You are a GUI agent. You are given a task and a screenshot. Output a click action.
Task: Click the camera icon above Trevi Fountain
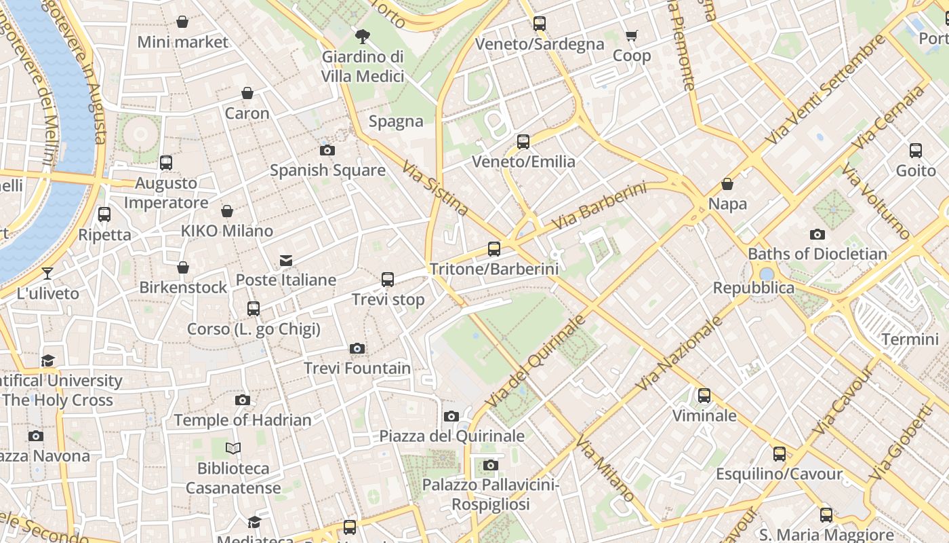click(x=357, y=349)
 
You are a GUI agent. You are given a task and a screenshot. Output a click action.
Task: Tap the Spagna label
click(x=396, y=121)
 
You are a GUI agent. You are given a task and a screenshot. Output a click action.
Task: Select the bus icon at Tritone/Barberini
click(x=494, y=249)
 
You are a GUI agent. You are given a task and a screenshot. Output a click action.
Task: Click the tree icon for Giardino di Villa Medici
click(x=363, y=36)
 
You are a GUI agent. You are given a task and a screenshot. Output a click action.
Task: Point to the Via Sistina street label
click(x=435, y=188)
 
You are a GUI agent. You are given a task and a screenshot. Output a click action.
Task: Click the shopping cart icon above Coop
click(x=632, y=35)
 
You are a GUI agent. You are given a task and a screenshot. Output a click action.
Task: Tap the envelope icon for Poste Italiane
click(x=286, y=261)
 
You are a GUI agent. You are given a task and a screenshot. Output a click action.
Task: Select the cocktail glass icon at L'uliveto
click(x=47, y=274)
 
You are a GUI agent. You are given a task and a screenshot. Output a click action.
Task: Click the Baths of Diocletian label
click(x=817, y=255)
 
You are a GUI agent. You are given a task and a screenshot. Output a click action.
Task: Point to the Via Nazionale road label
click(x=680, y=354)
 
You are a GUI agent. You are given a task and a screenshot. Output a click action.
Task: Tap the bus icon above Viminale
click(x=704, y=396)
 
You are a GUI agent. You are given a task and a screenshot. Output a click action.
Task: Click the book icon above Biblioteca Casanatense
click(x=233, y=449)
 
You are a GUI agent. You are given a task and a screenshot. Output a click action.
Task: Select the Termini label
click(x=910, y=339)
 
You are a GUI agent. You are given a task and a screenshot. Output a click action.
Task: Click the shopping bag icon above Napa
click(x=727, y=184)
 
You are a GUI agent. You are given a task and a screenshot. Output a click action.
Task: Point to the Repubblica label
click(x=753, y=288)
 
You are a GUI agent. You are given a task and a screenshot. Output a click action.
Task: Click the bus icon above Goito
click(x=916, y=151)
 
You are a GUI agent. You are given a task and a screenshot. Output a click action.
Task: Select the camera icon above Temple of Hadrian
click(x=243, y=400)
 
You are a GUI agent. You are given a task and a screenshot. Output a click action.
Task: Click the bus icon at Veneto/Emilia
click(x=523, y=142)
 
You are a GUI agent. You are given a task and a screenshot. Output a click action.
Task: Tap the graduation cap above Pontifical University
click(x=47, y=360)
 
